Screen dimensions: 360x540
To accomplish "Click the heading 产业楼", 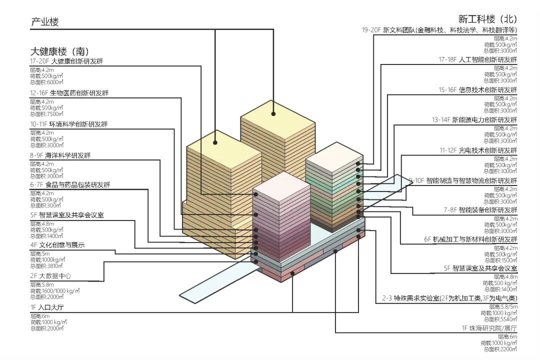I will (x=44, y=22).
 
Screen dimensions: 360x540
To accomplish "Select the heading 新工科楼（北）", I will (x=487, y=19).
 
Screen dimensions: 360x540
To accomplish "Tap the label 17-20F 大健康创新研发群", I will (x=69, y=61).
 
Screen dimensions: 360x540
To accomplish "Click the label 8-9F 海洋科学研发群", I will (x=60, y=155).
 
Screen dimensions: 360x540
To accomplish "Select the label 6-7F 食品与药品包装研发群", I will (x=70, y=185).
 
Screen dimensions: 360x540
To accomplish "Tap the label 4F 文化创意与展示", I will (x=57, y=245).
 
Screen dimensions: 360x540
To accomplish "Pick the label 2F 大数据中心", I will (x=50, y=276).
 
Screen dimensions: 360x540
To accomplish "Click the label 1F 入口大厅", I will (x=49, y=307).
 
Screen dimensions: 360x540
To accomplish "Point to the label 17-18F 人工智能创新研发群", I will (x=477, y=59).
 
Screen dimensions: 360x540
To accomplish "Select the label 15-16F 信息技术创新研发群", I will (x=477, y=90).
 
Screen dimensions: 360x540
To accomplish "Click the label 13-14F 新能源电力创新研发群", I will (x=474, y=120).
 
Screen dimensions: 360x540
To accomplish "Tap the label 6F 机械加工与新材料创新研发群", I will (x=470, y=239).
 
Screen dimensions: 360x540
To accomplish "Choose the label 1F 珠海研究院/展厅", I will (x=489, y=328).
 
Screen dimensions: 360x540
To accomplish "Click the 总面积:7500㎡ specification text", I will (x=46, y=114).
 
